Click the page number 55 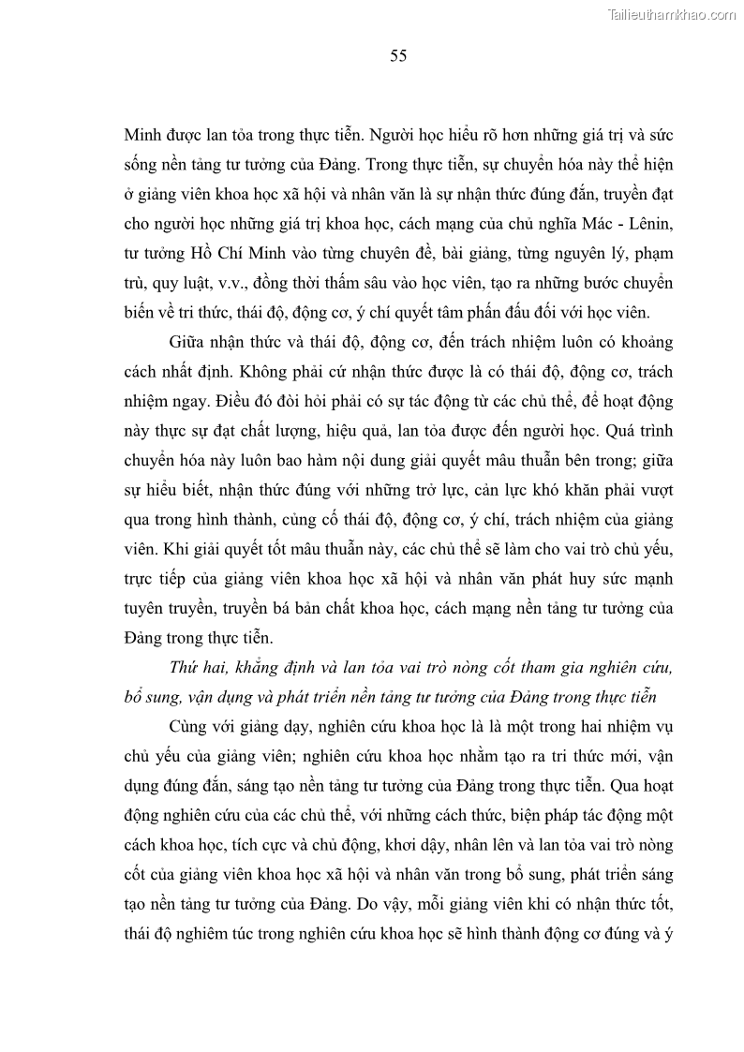(397, 56)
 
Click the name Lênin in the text (647, 224)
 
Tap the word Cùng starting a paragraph (194, 728)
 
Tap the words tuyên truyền (171, 608)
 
